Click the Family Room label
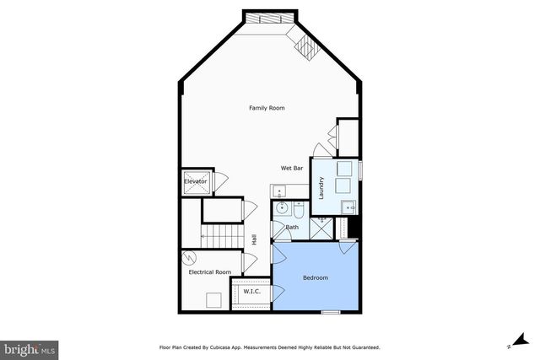coord(266,108)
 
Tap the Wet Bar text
coord(292,169)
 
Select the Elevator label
coord(196,181)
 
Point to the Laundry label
coord(321,185)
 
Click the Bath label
coord(292,227)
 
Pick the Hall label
coord(253,240)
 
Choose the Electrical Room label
coord(210,271)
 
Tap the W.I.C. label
coord(251,292)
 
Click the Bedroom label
coord(316,277)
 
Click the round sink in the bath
coord(282,207)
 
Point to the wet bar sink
coord(279,191)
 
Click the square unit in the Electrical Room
coord(214,298)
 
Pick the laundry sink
coord(348,206)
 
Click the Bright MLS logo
coord(30,348)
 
